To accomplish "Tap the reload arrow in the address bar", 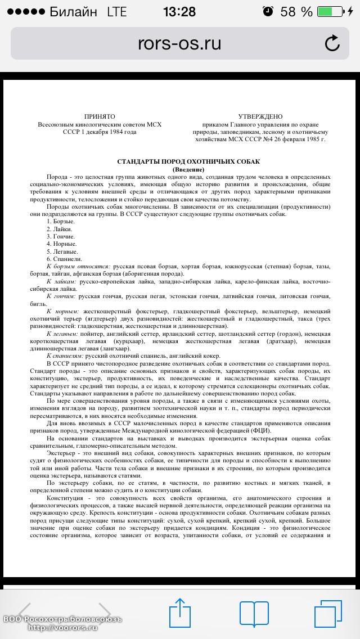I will pyautogui.click(x=332, y=43).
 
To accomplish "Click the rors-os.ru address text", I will pyautogui.click(x=179, y=43).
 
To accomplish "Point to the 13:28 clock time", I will pyautogui.click(x=179, y=11).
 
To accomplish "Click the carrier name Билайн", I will pyautogui.click(x=73, y=11).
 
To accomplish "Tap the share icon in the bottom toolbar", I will pyautogui.click(x=179, y=611).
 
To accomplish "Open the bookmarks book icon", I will pyautogui.click(x=254, y=611).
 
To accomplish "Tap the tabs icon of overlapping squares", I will pyautogui.click(x=327, y=611).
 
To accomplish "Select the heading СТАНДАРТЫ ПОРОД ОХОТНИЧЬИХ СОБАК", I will pyautogui.click(x=188, y=161).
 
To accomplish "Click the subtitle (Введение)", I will pyautogui.click(x=188, y=169).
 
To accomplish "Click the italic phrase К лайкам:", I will pyautogui.click(x=62, y=281).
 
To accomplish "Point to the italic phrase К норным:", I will pyautogui.click(x=62, y=310).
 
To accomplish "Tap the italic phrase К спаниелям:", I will pyautogui.click(x=67, y=355).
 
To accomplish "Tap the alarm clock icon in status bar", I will pyautogui.click(x=268, y=11).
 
